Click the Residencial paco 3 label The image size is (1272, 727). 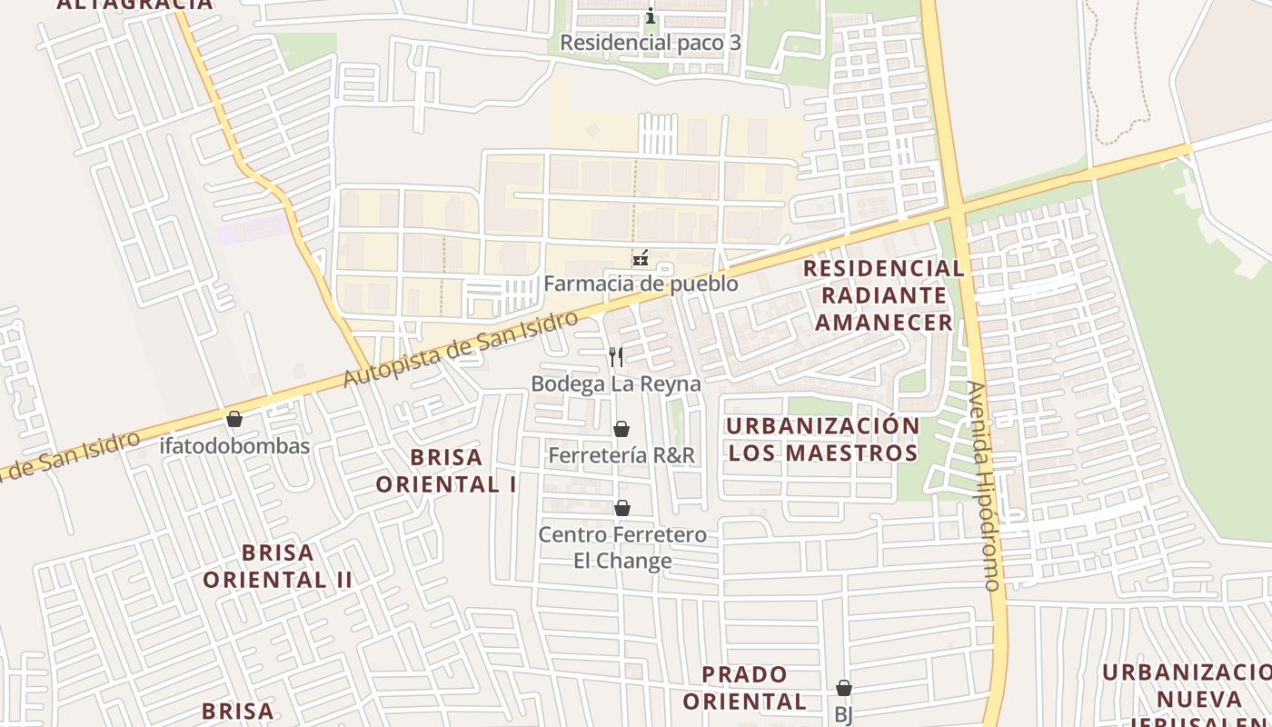coord(650,43)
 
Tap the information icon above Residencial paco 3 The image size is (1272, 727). coord(650,15)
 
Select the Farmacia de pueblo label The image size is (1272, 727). coord(641,284)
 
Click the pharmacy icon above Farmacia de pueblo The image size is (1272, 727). coord(641,258)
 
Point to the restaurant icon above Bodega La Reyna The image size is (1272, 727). coord(616,356)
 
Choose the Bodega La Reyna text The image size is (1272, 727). coord(615,383)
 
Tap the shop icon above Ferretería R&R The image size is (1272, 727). coord(621,429)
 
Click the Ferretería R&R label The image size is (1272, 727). coord(621,455)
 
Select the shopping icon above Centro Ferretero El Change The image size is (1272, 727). coord(622,508)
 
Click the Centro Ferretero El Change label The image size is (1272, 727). coord(622,547)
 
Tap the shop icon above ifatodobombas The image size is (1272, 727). coord(234,419)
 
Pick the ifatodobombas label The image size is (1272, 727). coord(234,446)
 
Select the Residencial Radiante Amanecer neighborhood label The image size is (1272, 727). coord(884,295)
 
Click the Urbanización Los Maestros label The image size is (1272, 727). coord(823,439)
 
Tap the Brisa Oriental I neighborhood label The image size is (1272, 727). coord(446,471)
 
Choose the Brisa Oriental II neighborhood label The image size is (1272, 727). coord(277,566)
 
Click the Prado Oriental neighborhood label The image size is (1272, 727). coord(744,688)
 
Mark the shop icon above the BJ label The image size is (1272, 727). coord(844,688)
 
